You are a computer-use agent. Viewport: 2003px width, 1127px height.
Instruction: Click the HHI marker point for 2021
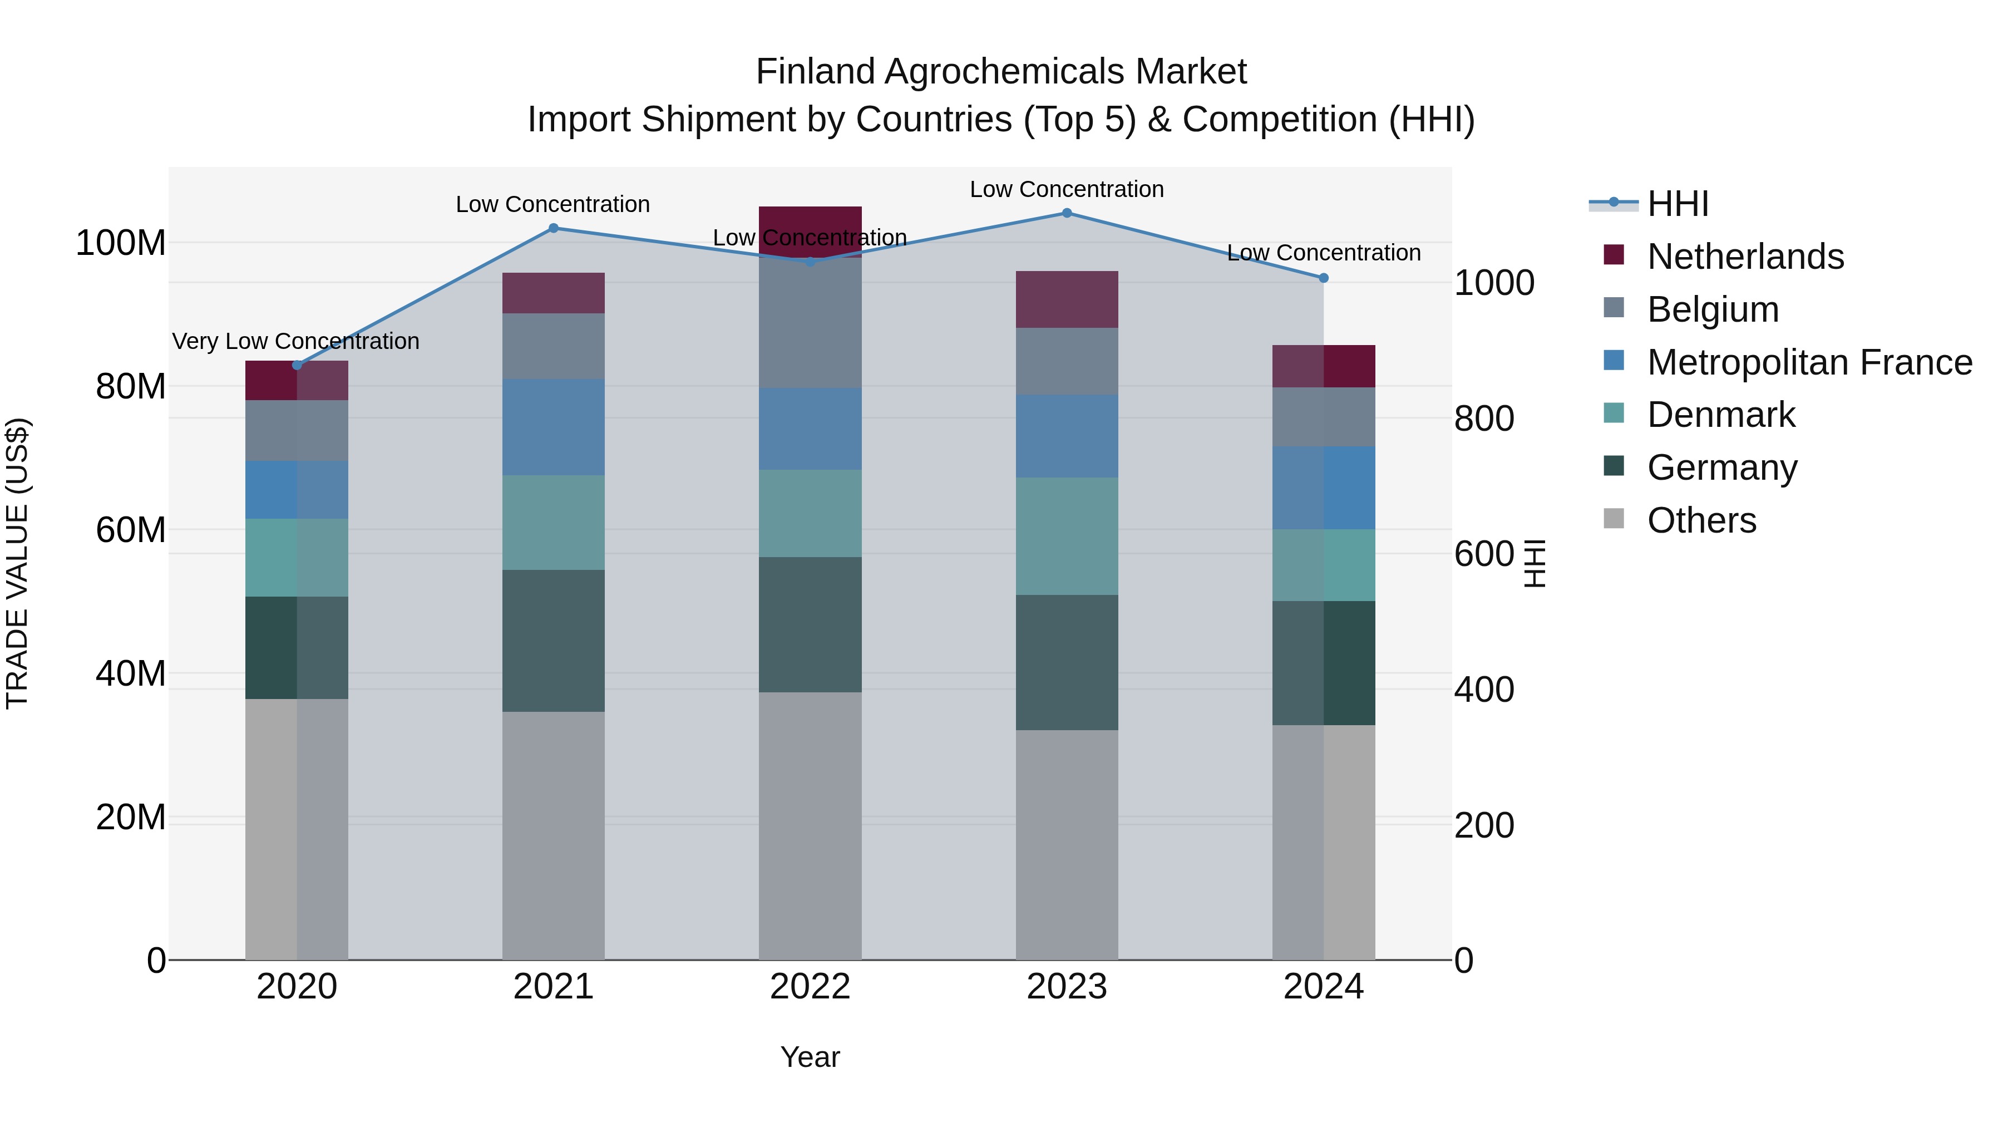tap(553, 228)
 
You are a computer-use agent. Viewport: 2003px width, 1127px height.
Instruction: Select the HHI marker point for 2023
tap(1066, 213)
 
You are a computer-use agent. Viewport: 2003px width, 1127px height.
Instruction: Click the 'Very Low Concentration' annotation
tap(295, 342)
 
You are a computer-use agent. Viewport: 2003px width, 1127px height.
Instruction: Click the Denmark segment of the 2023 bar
tap(1066, 536)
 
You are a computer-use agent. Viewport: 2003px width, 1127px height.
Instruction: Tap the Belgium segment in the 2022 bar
tap(810, 323)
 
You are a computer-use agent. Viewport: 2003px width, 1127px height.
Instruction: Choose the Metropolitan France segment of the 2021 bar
tap(553, 427)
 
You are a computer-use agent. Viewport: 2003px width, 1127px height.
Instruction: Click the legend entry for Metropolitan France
tap(1809, 362)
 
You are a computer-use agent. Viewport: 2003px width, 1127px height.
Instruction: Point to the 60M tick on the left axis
tap(131, 530)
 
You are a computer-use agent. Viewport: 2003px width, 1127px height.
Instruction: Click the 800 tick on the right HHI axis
tap(1483, 419)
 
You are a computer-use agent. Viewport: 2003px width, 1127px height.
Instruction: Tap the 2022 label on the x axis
tap(810, 987)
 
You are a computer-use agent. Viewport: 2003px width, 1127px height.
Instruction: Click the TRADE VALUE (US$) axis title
tap(18, 563)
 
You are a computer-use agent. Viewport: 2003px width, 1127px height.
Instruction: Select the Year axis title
tap(810, 1057)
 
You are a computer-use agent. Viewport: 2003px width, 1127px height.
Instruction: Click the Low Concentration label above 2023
tap(1066, 189)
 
